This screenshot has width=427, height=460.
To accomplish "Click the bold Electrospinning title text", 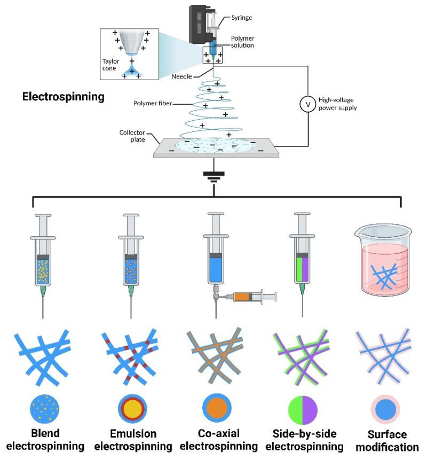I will click(62, 98).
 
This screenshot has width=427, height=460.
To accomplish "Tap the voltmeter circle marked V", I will click(307, 105).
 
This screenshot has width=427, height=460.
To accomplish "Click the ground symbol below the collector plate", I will click(214, 177).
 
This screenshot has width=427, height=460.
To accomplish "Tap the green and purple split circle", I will click(303, 410).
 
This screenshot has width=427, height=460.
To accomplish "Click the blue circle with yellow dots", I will click(45, 410).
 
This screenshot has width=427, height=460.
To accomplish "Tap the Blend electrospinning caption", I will click(45, 438).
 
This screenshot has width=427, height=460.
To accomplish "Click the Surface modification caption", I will click(386, 440).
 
